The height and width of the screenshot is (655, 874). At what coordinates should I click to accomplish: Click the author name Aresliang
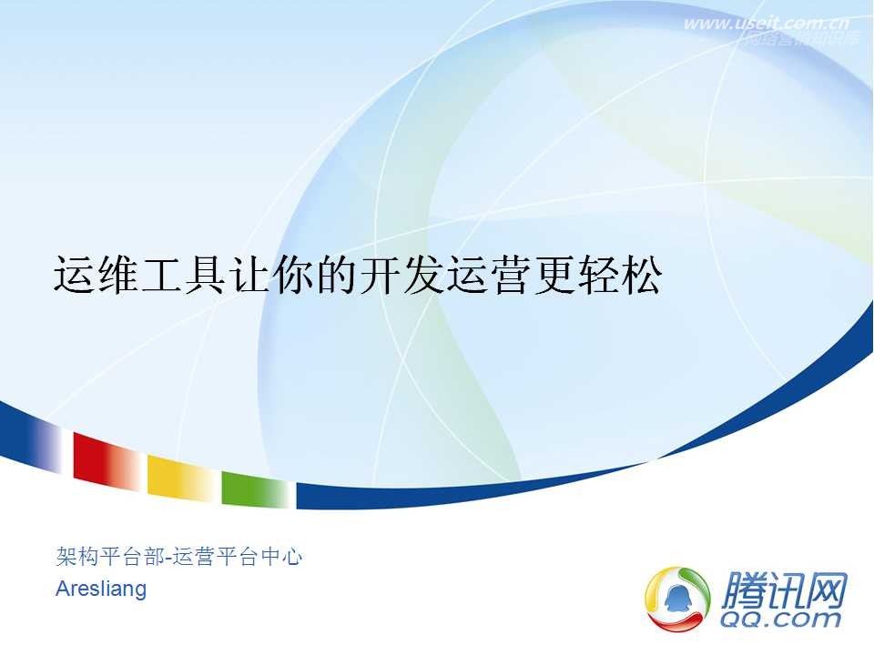coord(101,589)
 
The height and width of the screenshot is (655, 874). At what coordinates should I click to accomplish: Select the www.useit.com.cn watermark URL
coord(767,24)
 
